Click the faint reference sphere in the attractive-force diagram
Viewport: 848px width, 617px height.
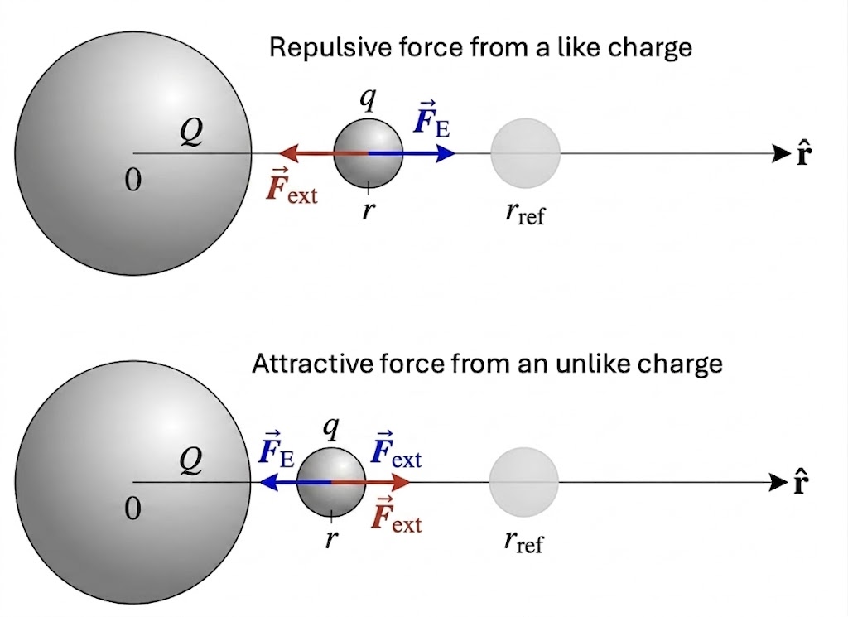click(523, 481)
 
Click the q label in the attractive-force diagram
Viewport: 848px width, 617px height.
click(330, 429)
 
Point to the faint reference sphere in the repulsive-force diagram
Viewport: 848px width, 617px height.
click(525, 153)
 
